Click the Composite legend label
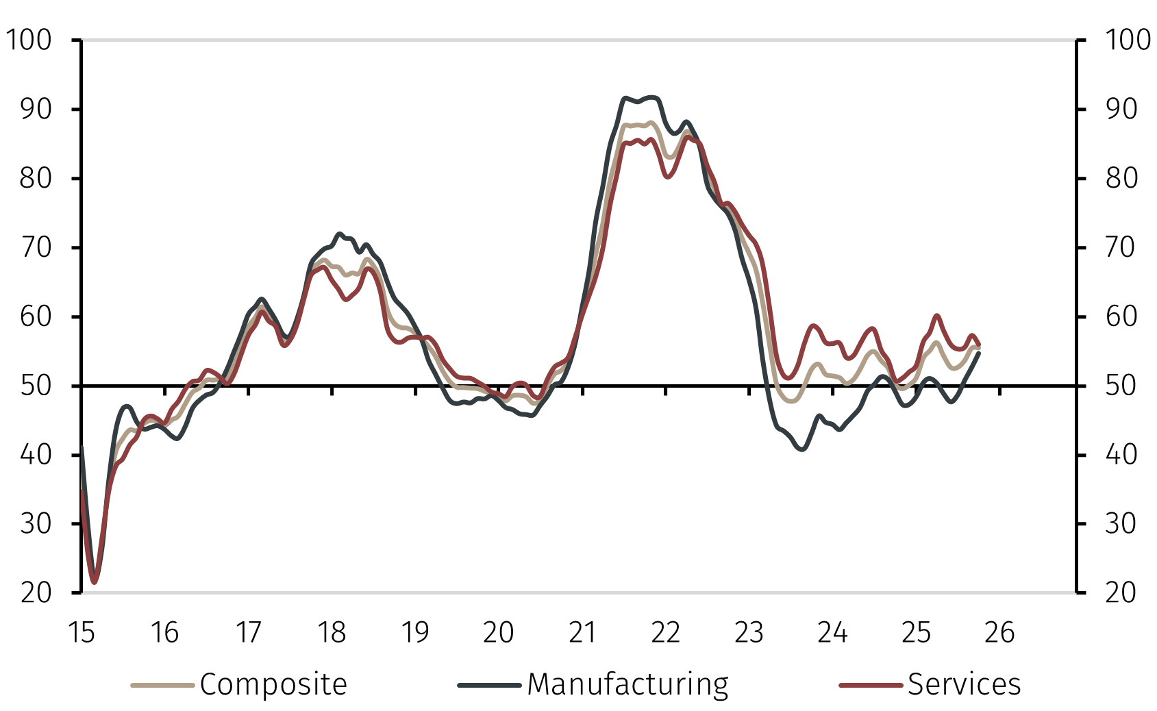coord(273,684)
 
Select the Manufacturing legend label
coord(627,684)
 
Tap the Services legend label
coord(964,684)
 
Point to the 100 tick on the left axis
coord(29,40)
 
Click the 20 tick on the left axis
coord(36,592)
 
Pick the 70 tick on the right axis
coord(1121,247)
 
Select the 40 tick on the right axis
coord(1121,454)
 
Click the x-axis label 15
coord(82,632)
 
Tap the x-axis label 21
coord(582,632)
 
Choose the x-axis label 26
coord(999,632)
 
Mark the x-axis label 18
coord(332,632)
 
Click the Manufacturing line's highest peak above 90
coord(651,97)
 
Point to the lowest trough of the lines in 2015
coord(95,581)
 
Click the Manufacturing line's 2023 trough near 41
coord(802,449)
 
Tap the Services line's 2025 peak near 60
coord(936,316)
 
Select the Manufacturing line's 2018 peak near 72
coord(340,234)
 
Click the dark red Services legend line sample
coord(870,684)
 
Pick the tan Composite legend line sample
coord(162,684)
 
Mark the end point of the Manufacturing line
coord(979,353)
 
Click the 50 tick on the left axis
coord(36,386)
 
